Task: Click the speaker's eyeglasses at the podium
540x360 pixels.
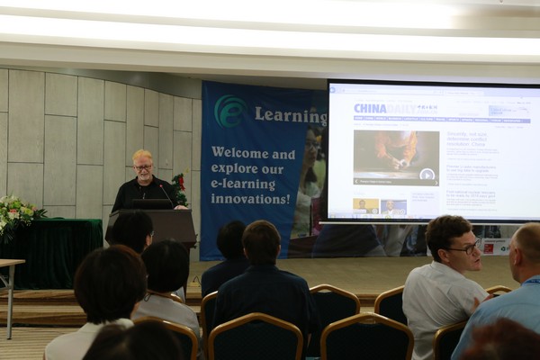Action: [143, 166]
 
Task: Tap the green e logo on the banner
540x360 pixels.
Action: [230, 111]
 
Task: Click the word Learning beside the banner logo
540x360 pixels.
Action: [290, 114]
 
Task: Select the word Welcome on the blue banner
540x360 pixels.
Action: [238, 153]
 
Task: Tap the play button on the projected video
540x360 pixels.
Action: [427, 174]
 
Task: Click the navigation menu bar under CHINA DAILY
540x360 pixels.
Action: [423, 119]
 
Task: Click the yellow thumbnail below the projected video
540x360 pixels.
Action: [365, 205]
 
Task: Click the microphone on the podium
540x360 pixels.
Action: [162, 189]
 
